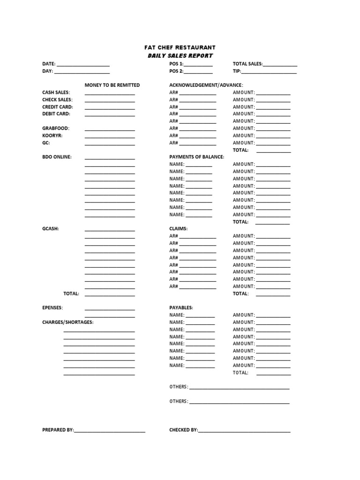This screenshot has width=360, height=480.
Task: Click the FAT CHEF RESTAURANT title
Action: (x=180, y=47)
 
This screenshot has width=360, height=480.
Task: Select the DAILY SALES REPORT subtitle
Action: (x=180, y=56)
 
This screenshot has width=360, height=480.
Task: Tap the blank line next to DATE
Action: (x=83, y=65)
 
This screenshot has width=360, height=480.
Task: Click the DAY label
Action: (x=47, y=72)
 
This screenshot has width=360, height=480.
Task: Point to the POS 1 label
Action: (x=176, y=64)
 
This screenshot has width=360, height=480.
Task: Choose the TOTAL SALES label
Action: (x=247, y=64)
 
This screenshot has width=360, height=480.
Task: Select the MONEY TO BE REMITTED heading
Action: (x=112, y=85)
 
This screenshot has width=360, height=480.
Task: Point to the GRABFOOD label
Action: (x=56, y=128)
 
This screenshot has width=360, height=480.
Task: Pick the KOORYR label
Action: (x=52, y=135)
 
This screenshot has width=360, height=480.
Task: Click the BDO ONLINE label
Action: (x=57, y=157)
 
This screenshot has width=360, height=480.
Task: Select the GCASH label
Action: (x=51, y=229)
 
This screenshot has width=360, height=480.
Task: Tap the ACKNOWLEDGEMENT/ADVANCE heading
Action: (x=206, y=85)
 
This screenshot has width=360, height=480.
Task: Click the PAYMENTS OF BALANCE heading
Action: (x=196, y=157)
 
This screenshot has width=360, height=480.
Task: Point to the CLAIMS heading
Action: (x=178, y=229)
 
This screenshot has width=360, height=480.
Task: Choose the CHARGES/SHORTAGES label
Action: (x=67, y=322)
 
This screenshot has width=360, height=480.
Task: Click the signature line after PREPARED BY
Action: (x=110, y=431)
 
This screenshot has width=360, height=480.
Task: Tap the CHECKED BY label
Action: (x=183, y=430)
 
